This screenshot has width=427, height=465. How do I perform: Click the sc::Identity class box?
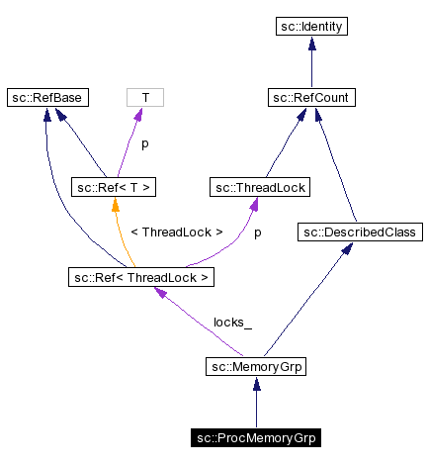[x=311, y=27]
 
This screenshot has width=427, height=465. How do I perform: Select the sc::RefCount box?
[x=311, y=97]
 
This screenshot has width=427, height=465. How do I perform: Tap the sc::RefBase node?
[x=46, y=97]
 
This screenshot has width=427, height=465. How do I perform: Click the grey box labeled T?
[x=145, y=97]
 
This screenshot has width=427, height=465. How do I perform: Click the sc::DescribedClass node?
[x=360, y=232]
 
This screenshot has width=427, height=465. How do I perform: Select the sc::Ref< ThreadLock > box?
[x=140, y=277]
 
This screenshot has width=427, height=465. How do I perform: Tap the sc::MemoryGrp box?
[x=256, y=368]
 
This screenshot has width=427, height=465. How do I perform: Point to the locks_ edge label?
[x=232, y=323]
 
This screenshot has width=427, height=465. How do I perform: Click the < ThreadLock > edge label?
[x=177, y=232]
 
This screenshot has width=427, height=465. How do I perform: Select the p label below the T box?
[x=145, y=142]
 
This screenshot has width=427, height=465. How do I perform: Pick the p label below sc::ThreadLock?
[x=258, y=232]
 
